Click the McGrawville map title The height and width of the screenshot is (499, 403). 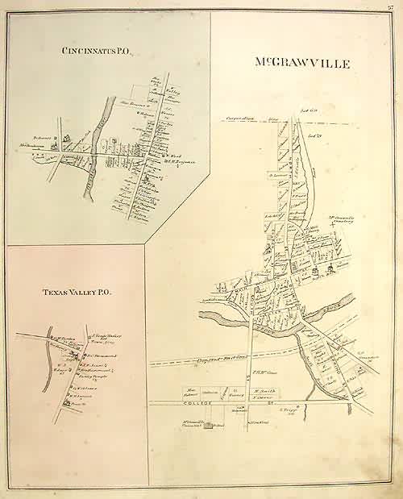302,62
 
